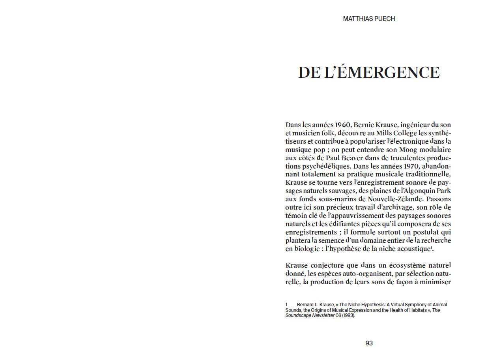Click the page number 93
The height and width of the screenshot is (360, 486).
[x=369, y=343]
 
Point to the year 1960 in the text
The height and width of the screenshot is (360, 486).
[x=338, y=125]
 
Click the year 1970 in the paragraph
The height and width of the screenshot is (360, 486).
[x=409, y=166]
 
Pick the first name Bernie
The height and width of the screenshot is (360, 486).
[x=366, y=125]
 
